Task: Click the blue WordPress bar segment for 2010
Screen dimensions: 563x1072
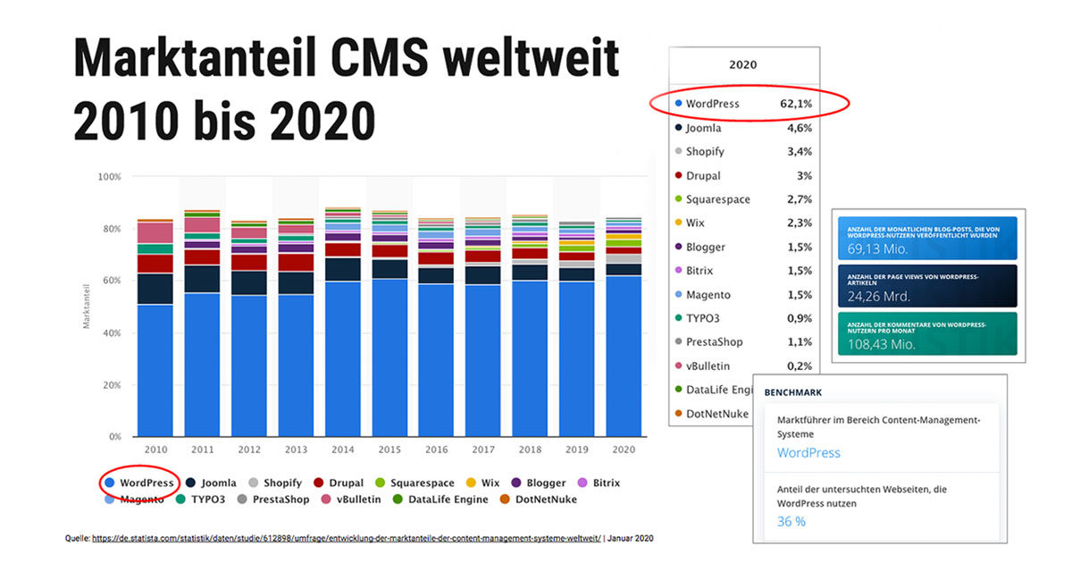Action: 155,371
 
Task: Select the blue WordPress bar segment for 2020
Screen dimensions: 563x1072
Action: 623,357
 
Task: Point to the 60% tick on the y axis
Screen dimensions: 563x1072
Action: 110,281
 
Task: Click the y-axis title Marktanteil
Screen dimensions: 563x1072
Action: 87,307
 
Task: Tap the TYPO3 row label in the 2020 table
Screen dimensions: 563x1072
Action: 703,318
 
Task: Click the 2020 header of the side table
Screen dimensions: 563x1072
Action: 742,65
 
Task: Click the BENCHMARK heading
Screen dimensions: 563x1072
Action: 793,392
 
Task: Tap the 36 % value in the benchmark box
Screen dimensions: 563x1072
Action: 791,521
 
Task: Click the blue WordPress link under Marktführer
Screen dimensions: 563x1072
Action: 808,453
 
